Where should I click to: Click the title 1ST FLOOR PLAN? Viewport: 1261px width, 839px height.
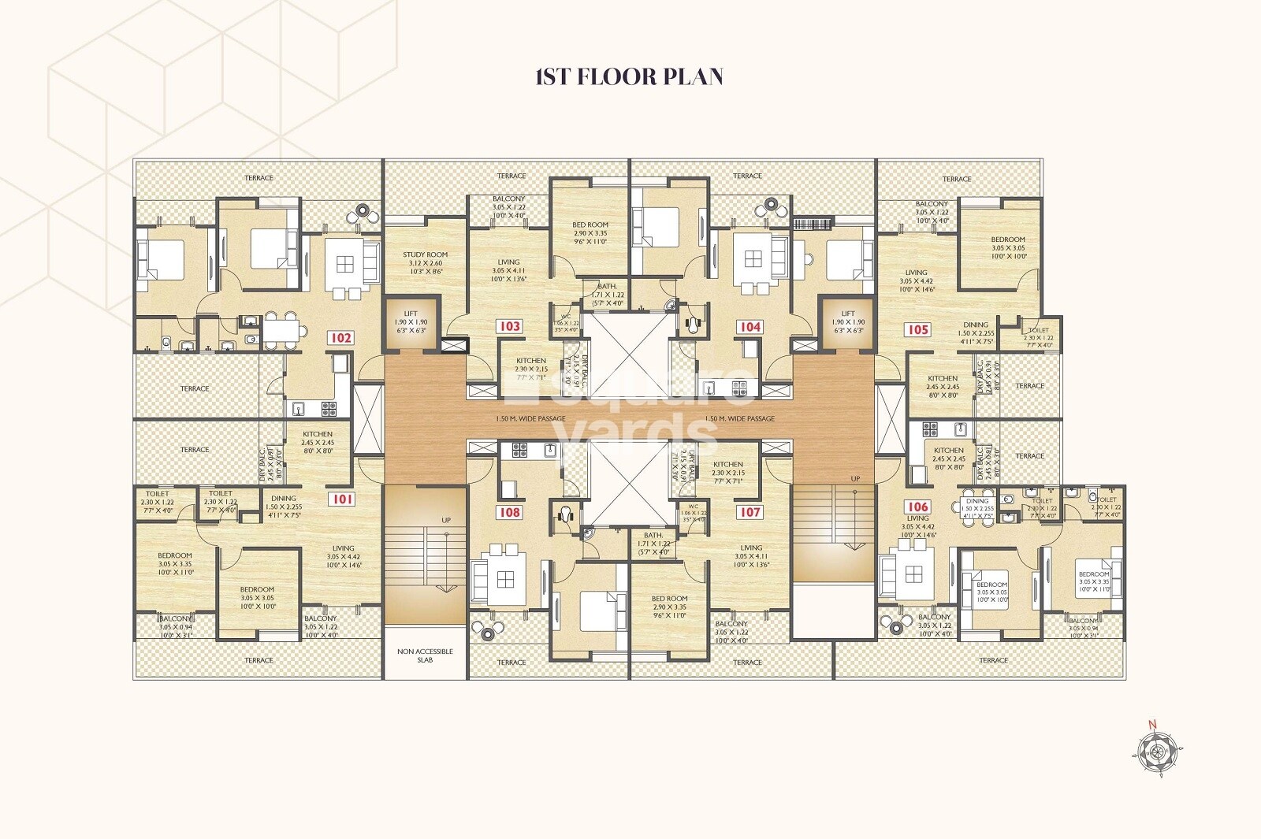pyautogui.click(x=629, y=76)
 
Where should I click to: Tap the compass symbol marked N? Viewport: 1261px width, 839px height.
pyautogui.click(x=1157, y=751)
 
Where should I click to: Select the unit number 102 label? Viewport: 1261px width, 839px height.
pyautogui.click(x=340, y=338)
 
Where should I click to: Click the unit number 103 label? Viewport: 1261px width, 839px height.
pyautogui.click(x=509, y=326)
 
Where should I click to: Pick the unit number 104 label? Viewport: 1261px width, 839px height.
pyautogui.click(x=750, y=326)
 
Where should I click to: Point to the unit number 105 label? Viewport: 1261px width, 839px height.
pyautogui.click(x=918, y=329)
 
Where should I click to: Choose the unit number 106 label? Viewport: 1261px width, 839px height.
pyautogui.click(x=917, y=507)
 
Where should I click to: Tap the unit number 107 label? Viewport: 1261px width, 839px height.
pyautogui.click(x=750, y=512)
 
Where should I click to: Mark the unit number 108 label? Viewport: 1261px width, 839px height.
pyautogui.click(x=509, y=512)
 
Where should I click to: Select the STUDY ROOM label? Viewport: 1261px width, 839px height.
pyautogui.click(x=425, y=254)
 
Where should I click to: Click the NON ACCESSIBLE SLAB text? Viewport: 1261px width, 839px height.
pyautogui.click(x=425, y=655)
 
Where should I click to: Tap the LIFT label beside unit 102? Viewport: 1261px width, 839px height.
pyautogui.click(x=411, y=314)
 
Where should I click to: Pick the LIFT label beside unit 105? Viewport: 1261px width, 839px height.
pyautogui.click(x=848, y=314)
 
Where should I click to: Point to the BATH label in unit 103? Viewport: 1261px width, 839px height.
pyautogui.click(x=607, y=287)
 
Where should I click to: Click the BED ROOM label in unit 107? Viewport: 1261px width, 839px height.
pyautogui.click(x=669, y=599)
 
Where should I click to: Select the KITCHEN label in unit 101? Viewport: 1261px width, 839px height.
pyautogui.click(x=318, y=434)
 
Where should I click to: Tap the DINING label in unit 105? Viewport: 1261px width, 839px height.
pyautogui.click(x=976, y=325)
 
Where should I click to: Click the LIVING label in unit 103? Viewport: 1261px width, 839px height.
pyautogui.click(x=508, y=262)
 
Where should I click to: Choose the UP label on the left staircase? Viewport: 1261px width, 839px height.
pyautogui.click(x=446, y=521)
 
